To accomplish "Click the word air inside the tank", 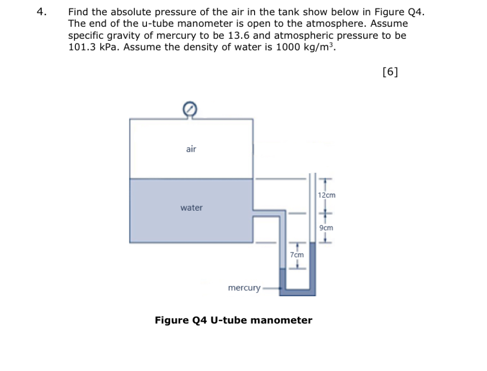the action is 191,149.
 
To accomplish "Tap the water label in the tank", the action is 191,208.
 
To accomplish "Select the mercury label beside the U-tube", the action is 244,288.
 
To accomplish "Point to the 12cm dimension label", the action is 327,195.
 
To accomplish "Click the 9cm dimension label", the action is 326,228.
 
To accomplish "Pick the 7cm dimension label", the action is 297,255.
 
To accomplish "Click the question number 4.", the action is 41,12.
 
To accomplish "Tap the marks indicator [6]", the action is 391,71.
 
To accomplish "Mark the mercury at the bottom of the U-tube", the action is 298,292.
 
